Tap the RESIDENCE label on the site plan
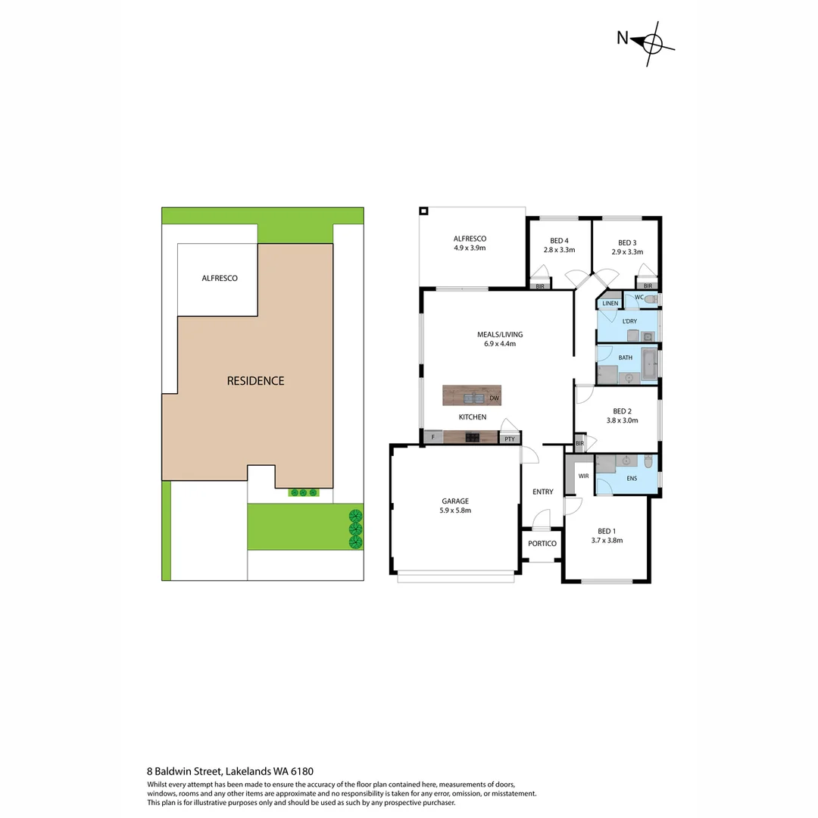click(255, 381)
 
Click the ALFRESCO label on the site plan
click(220, 278)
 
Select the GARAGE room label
click(455, 501)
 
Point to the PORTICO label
click(542, 544)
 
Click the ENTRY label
click(542, 492)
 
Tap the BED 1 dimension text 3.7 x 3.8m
click(607, 541)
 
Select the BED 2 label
click(622, 411)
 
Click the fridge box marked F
click(432, 437)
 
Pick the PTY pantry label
click(509, 438)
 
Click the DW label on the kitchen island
click(493, 398)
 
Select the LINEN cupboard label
click(610, 303)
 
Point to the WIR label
click(583, 476)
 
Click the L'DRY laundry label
click(629, 322)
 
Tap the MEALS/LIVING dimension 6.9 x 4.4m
click(499, 344)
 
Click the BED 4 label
click(559, 241)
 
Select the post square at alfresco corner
click(424, 211)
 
